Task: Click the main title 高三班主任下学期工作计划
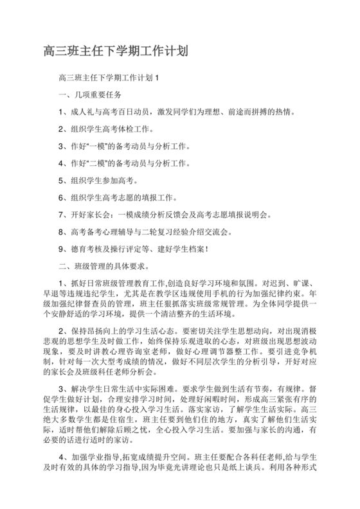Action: pyautogui.click(x=116, y=50)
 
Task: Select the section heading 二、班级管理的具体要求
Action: pyautogui.click(x=104, y=265)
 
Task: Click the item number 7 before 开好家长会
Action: pyautogui.click(x=60, y=214)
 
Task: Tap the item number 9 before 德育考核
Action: pyautogui.click(x=60, y=248)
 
